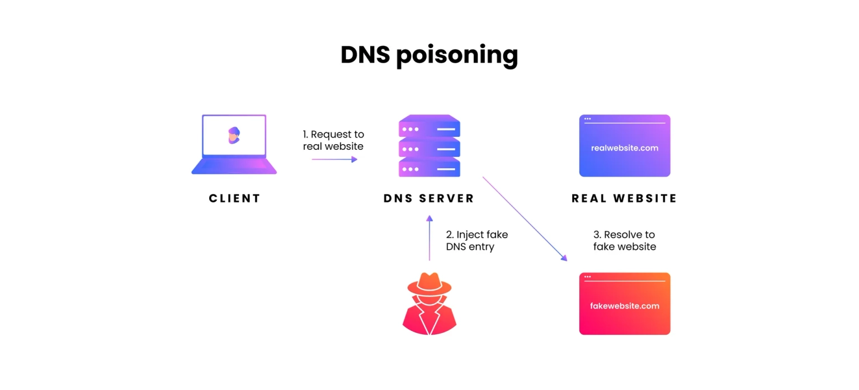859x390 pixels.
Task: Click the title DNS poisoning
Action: click(429, 55)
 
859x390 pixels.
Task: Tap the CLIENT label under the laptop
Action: click(235, 198)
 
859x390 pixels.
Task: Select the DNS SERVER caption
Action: click(429, 198)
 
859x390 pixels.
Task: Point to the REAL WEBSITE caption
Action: click(624, 198)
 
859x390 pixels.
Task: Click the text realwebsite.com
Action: click(625, 148)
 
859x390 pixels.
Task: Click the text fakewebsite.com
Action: click(625, 306)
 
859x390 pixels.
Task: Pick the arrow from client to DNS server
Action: click(334, 159)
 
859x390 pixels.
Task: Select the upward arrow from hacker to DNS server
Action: click(429, 238)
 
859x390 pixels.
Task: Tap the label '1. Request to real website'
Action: click(333, 140)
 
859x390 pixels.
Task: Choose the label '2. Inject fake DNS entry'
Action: click(476, 241)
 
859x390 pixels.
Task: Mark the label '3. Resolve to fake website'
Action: click(625, 241)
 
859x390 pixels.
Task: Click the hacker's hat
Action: click(429, 284)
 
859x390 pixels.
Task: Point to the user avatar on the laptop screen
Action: click(234, 135)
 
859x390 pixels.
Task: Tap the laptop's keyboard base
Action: click(234, 167)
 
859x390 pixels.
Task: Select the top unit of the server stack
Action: click(429, 126)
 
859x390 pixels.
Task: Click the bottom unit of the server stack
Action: click(429, 168)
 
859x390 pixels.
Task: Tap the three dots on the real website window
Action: click(588, 119)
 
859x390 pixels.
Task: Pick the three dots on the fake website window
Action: click(588, 277)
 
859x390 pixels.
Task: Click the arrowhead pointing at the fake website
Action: click(564, 258)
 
